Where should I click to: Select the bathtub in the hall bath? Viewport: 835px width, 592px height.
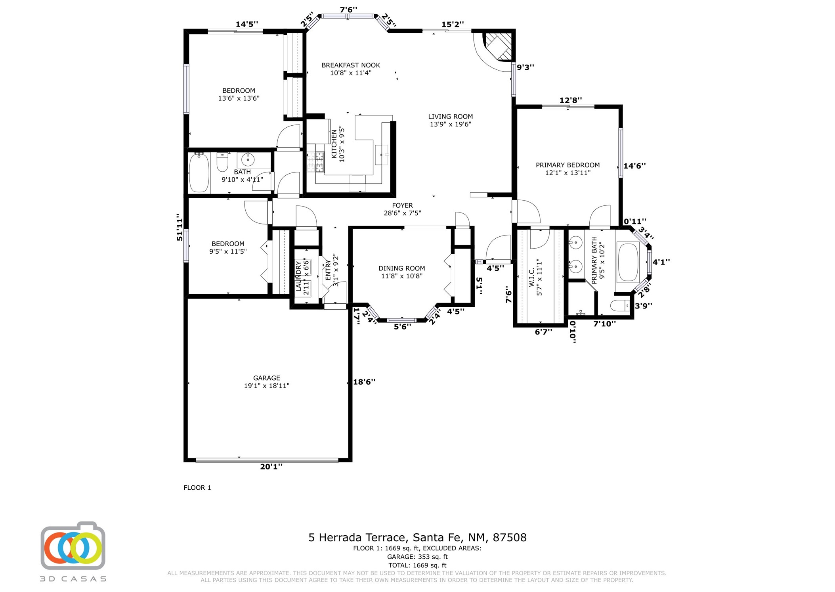click(x=199, y=173)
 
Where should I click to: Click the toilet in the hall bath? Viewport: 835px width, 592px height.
click(x=222, y=162)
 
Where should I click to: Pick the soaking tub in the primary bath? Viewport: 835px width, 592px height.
click(x=628, y=262)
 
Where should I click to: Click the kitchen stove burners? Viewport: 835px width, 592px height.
click(x=315, y=162)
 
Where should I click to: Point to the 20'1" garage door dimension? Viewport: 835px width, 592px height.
click(x=271, y=467)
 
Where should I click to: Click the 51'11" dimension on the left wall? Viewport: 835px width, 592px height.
click(x=180, y=227)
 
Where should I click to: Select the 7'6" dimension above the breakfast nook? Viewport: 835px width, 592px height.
click(x=348, y=9)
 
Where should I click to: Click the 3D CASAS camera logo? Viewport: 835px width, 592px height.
click(x=73, y=546)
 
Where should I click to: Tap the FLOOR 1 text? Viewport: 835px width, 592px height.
click(x=197, y=488)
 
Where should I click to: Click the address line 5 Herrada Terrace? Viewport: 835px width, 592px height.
click(x=417, y=538)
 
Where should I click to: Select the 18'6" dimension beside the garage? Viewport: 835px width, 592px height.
click(x=364, y=382)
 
